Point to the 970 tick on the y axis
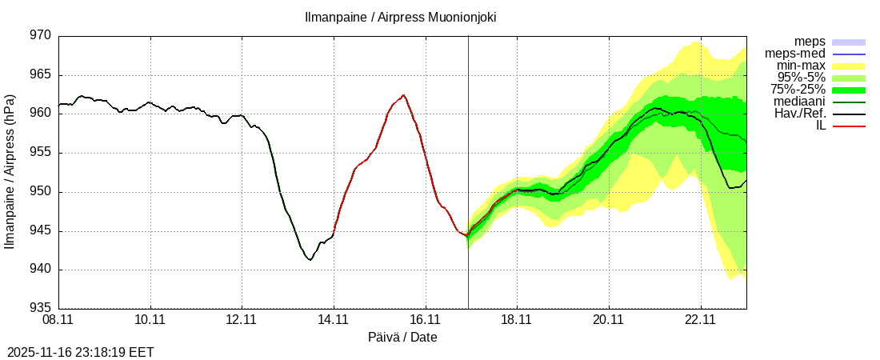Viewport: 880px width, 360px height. click(x=40, y=36)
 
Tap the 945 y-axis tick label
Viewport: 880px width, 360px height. click(x=40, y=230)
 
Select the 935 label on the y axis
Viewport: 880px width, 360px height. click(x=40, y=308)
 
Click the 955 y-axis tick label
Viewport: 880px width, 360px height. click(x=40, y=153)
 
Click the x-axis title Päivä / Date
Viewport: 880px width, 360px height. click(x=402, y=337)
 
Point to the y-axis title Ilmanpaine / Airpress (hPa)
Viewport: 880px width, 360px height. click(x=10, y=171)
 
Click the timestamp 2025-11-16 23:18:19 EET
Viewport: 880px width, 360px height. click(x=80, y=352)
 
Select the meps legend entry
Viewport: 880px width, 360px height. click(x=810, y=42)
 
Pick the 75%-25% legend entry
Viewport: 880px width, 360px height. click(x=798, y=90)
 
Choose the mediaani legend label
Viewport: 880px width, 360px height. click(x=799, y=102)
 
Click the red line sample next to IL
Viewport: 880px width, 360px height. click(x=849, y=126)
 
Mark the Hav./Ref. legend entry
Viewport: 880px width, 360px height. click(x=800, y=114)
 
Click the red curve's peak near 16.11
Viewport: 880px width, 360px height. click(x=403, y=95)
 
